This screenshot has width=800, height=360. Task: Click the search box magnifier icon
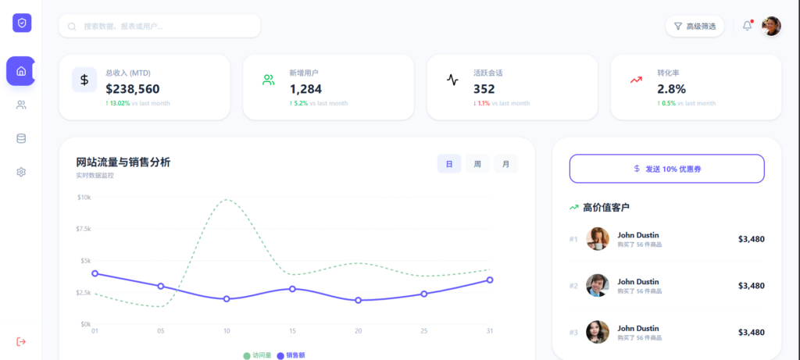72,27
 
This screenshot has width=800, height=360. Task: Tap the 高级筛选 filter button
695,26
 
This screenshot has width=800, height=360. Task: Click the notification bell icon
747,26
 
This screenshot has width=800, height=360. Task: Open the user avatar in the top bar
771,26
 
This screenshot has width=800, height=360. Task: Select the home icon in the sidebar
21,71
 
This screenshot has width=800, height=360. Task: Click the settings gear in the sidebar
21,173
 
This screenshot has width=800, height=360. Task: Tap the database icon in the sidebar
21,139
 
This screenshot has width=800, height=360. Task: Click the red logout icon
21,341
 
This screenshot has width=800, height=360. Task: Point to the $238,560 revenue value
133,89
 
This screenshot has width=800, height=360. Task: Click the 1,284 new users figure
305,89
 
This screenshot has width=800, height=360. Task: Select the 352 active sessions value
484,89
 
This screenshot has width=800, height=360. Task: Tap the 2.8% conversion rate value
671,89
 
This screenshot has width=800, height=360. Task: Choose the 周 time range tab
477,164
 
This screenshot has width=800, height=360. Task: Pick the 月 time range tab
505,164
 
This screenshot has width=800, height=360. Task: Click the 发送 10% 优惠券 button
667,169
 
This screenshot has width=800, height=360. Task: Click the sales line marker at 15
292,289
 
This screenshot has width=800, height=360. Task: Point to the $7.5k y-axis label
84,229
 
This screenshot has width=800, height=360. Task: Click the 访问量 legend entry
258,355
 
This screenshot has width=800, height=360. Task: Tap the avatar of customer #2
598,286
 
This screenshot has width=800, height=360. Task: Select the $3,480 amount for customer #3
752,333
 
